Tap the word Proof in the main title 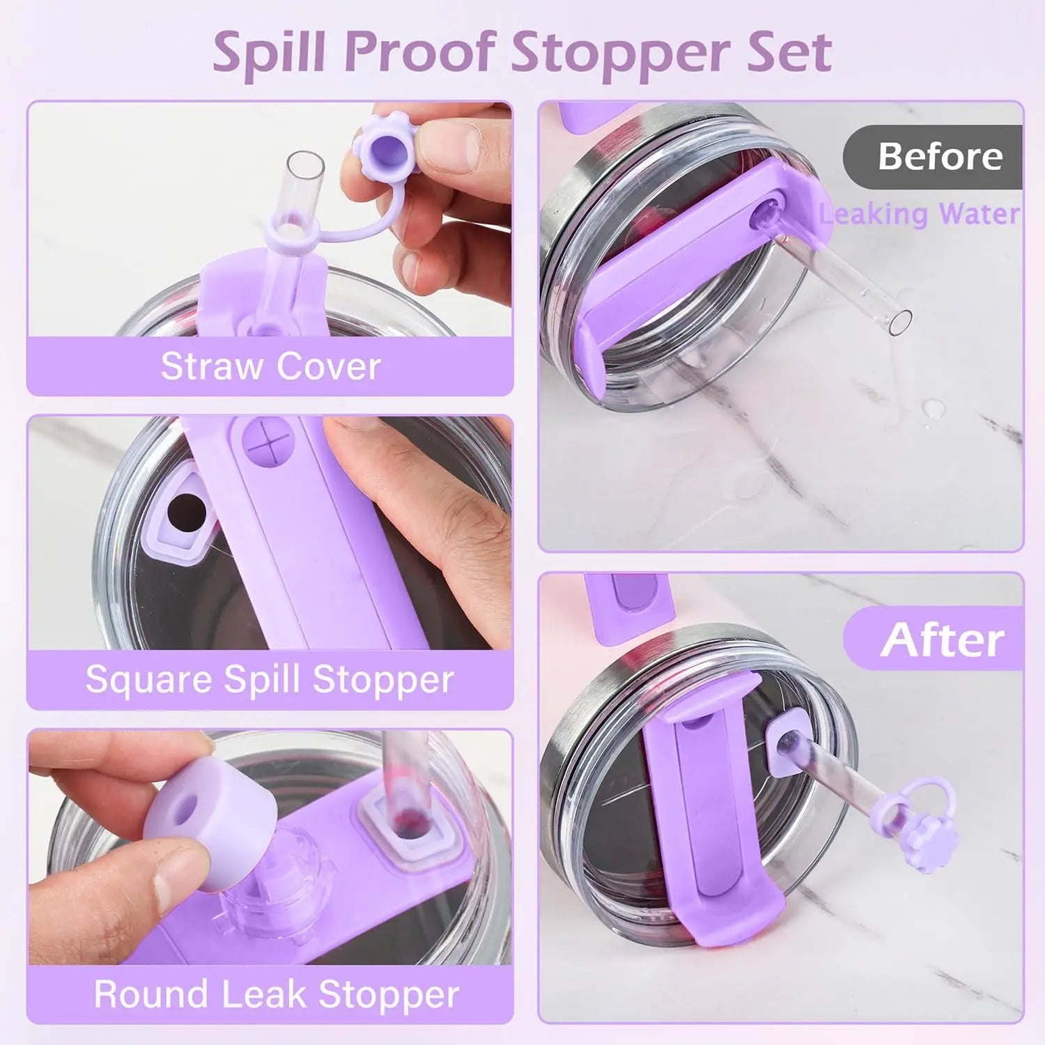421,52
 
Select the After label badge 940,640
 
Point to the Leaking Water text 920,213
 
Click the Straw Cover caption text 270,366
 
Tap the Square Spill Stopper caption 270,679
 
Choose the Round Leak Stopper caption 276,993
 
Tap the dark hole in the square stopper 187,514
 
